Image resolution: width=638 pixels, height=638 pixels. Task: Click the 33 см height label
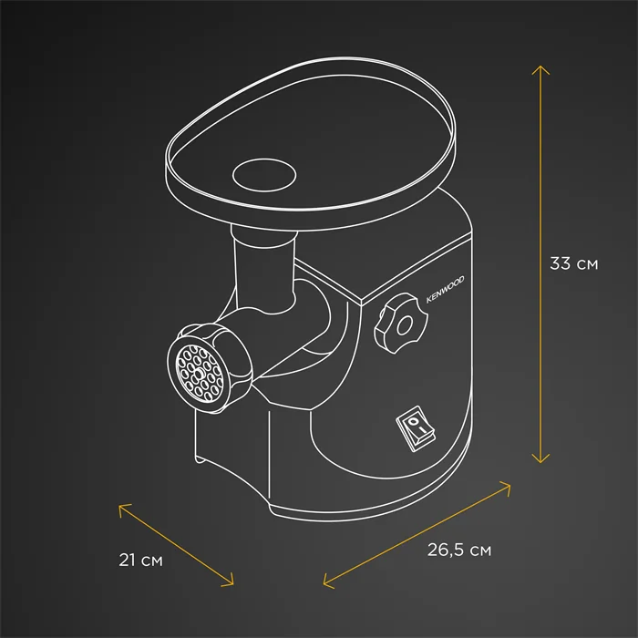tap(573, 263)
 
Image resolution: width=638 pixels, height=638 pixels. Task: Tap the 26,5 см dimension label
tap(459, 551)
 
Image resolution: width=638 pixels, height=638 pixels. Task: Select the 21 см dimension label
tap(140, 561)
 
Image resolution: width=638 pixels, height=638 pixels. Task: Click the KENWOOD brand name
tap(445, 290)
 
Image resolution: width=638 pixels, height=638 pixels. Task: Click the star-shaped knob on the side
tap(401, 324)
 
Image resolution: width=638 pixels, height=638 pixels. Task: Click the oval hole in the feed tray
tap(264, 175)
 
